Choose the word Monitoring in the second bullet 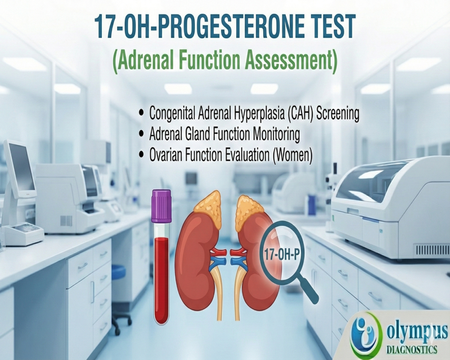tap(274, 135)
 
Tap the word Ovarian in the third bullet tap(168, 156)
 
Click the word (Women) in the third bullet tap(292, 156)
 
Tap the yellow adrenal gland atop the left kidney tap(206, 202)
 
